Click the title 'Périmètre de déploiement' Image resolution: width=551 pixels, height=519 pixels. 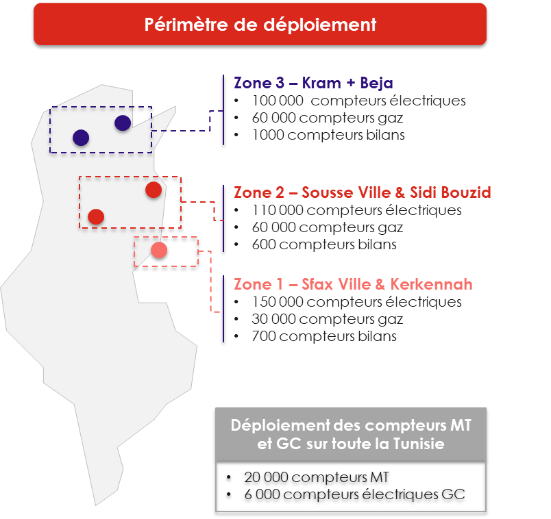click(260, 25)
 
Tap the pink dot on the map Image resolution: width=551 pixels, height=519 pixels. click(159, 251)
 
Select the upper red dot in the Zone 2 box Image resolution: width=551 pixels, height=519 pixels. click(154, 190)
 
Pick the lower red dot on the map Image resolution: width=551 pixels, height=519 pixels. click(96, 216)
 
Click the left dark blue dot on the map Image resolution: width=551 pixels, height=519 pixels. click(81, 138)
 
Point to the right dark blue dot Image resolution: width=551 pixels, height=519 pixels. click(123, 123)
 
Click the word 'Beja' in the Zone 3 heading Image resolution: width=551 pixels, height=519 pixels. click(376, 84)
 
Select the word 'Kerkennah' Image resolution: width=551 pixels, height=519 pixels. click(431, 284)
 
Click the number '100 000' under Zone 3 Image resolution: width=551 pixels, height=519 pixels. click(278, 101)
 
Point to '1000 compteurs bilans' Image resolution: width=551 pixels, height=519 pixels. click(328, 135)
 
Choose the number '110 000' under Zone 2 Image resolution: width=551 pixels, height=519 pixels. click(278, 210)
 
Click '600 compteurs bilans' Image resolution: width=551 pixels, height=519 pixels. click(324, 244)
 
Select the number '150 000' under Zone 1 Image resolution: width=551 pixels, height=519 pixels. click(278, 302)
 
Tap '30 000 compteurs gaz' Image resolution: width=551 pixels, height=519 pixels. click(327, 319)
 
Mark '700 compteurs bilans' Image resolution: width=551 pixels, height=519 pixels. click(324, 336)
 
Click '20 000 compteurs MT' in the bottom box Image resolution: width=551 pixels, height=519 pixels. click(316, 477)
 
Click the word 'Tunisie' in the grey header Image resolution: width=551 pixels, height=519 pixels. click(419, 444)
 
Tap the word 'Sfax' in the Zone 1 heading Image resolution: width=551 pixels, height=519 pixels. click(317, 284)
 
